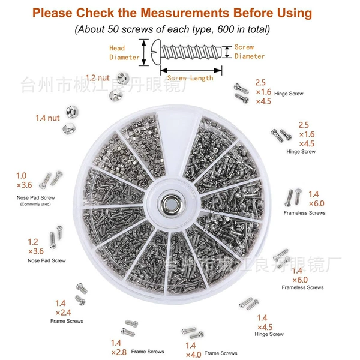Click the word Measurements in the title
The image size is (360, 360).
coord(185,13)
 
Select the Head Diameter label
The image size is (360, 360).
coord(124,53)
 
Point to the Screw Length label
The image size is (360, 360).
coord(190,78)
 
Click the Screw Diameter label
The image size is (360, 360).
coord(250,52)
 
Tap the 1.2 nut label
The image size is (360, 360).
coord(97,78)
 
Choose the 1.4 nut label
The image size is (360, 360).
coord(47,118)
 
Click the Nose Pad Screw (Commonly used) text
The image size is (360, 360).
coord(35,200)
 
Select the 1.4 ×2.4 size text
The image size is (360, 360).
coord(63,308)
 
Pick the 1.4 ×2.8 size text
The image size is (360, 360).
coord(118,347)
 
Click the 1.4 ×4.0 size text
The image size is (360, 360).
coord(193,350)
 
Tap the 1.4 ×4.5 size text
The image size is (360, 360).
coord(265,322)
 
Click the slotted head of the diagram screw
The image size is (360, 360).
coord(155,52)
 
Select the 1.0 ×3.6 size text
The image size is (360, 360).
coord(24,181)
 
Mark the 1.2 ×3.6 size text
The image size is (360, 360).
coord(35,247)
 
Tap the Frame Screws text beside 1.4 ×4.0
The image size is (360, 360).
coord(221,353)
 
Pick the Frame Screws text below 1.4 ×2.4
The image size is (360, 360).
coord(67,321)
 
